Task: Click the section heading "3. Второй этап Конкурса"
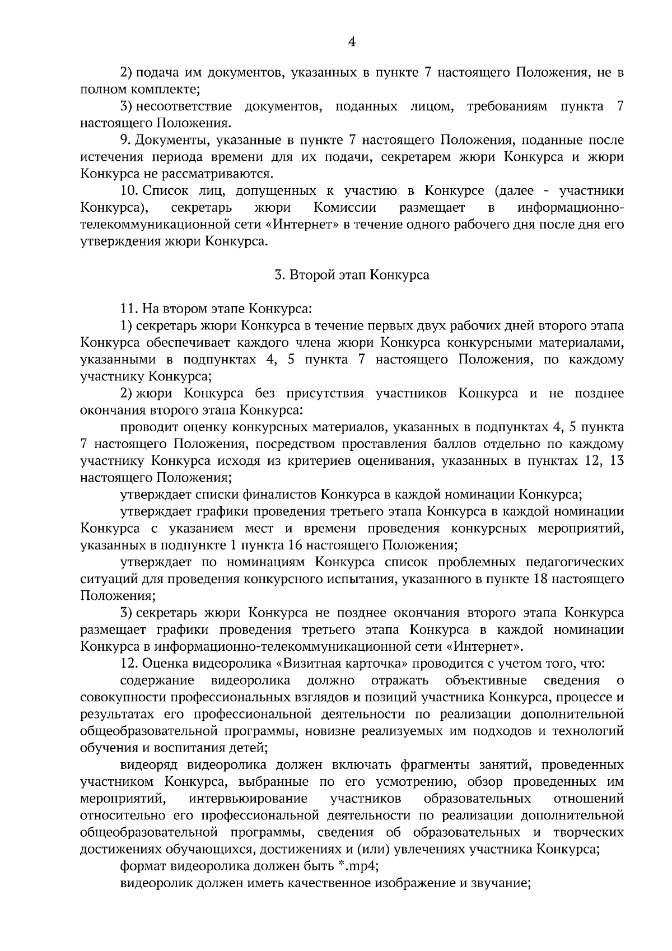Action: coord(352,275)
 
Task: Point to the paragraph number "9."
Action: coord(125,140)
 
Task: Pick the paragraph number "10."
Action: coord(129,191)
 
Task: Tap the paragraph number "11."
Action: coord(129,309)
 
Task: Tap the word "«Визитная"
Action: coord(308,664)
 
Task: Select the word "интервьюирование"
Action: coord(249,798)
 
